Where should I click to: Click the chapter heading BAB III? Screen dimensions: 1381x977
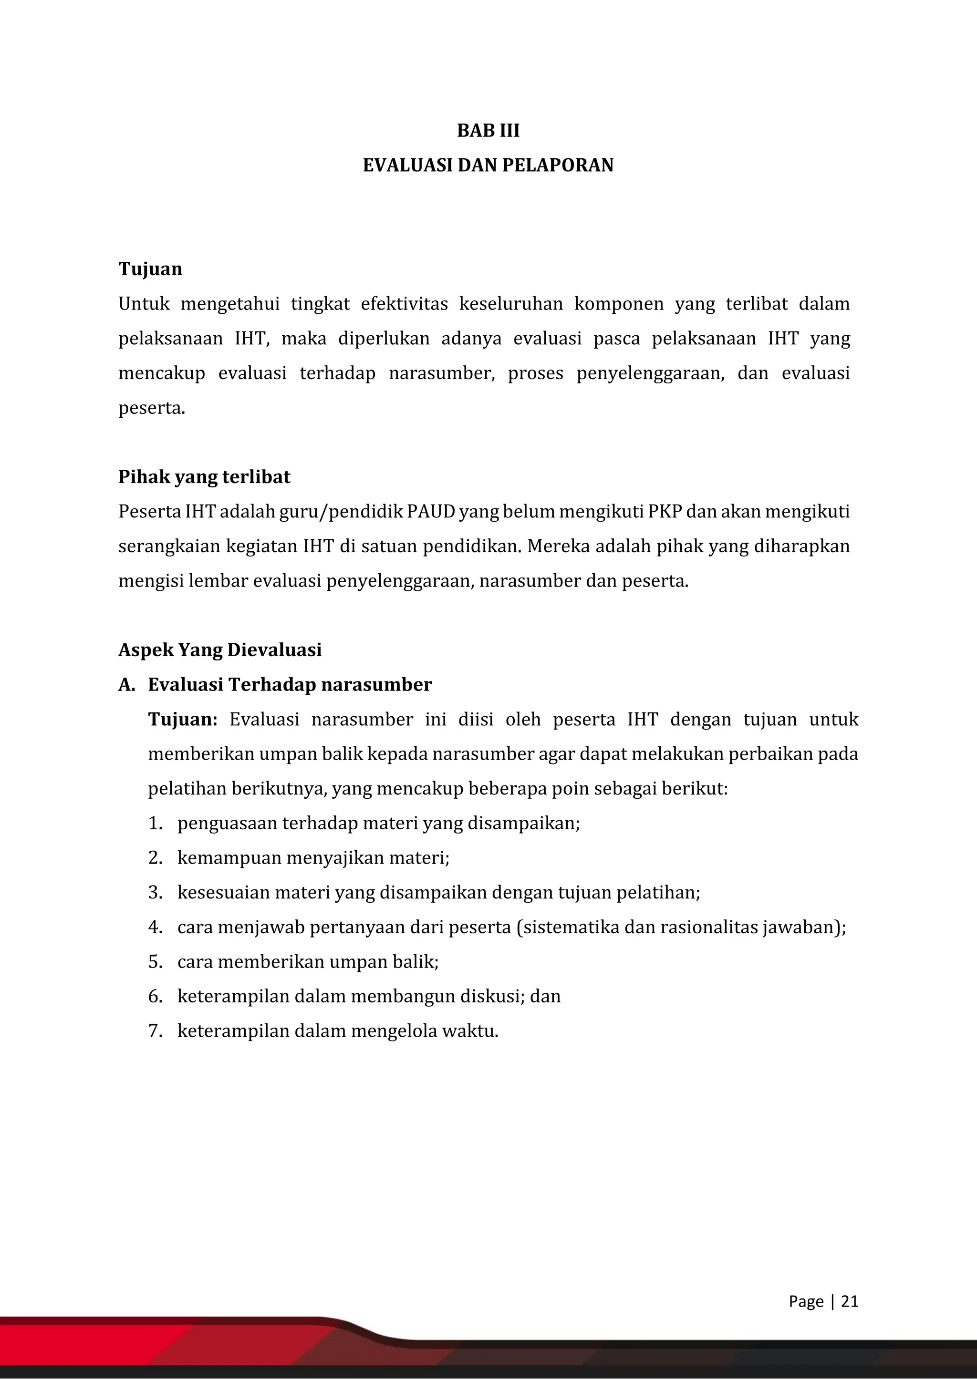[488, 131]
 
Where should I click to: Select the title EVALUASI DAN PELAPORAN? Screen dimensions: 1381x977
[488, 165]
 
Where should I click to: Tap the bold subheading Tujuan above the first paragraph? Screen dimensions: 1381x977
[150, 269]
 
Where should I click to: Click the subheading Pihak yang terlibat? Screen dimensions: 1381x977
[204, 477]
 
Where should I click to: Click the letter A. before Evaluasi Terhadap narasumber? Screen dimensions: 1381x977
[126, 685]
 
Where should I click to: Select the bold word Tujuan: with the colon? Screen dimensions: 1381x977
[182, 720]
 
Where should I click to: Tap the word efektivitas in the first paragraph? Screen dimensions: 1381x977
[404, 304]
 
